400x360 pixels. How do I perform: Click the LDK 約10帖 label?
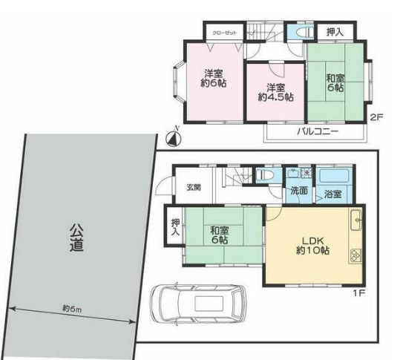(314, 246)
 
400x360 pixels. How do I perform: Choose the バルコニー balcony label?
(318, 131)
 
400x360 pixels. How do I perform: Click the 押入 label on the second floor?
(335, 32)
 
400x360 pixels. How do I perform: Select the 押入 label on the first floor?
(175, 227)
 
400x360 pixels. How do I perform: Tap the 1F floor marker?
(358, 291)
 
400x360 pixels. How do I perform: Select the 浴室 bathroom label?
(332, 194)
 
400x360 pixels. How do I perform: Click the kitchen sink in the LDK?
(355, 220)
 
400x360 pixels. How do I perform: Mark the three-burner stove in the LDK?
(355, 253)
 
